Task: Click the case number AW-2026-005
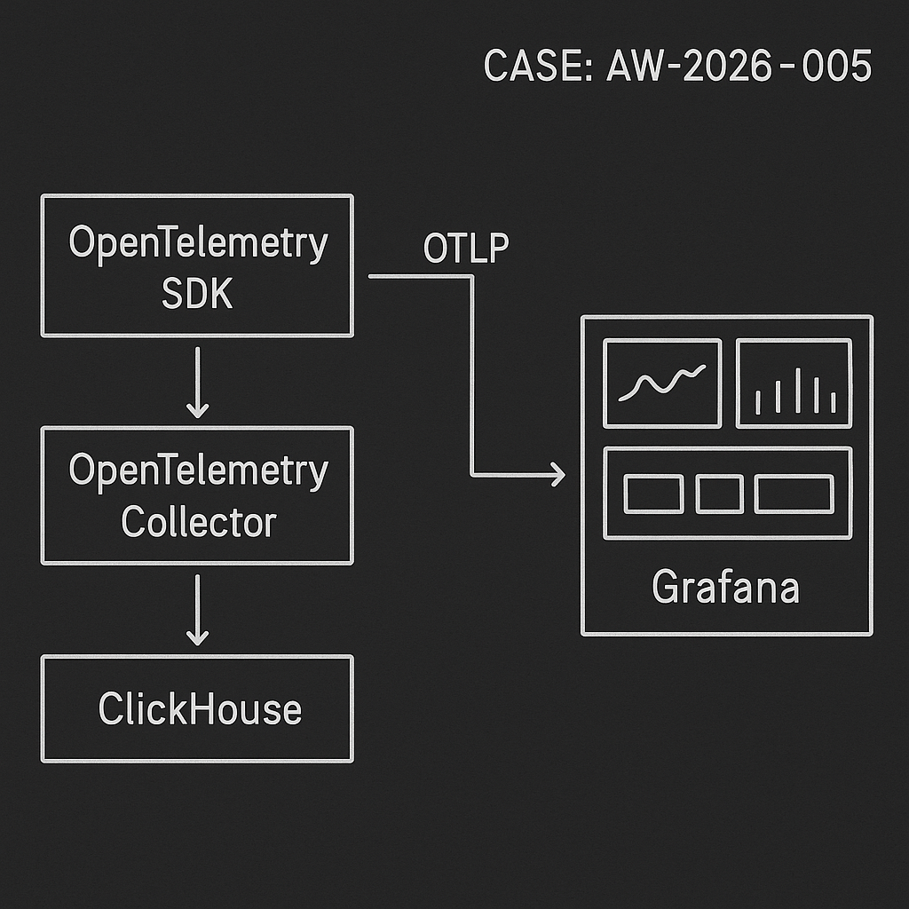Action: pos(739,67)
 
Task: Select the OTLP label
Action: pos(465,250)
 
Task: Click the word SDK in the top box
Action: pos(197,294)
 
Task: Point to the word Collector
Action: pos(199,521)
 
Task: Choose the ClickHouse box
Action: pos(197,708)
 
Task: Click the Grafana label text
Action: pos(725,587)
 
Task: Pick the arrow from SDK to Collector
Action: pos(197,382)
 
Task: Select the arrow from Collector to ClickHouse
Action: pos(197,610)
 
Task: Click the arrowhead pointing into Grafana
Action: pos(557,475)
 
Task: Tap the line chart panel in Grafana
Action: pos(661,383)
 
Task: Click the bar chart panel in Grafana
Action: pos(794,383)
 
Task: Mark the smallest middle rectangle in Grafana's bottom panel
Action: pos(719,494)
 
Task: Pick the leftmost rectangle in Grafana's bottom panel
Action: pos(653,494)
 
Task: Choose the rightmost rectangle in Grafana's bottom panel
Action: pos(793,494)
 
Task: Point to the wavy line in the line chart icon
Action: pos(661,383)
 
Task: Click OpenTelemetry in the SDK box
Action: pos(197,243)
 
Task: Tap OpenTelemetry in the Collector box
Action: pos(197,471)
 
